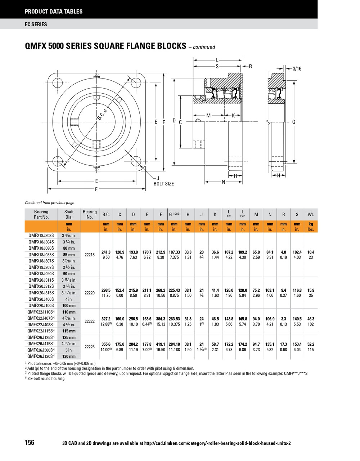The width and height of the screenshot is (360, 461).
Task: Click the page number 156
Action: coord(30,442)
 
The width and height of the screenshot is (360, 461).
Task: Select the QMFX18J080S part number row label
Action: coord(41,248)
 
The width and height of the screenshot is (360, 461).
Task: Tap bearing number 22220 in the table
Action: coord(89,293)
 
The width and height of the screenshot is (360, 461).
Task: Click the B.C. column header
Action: coord(106,214)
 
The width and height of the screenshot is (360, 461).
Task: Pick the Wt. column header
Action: coord(311,214)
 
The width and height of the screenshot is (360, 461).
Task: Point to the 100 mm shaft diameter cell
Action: coord(69,305)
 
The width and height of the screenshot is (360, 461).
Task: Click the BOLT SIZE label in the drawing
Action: coord(163,184)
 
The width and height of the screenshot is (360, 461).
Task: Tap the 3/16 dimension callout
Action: coord(297,68)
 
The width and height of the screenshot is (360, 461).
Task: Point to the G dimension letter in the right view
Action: coord(294,122)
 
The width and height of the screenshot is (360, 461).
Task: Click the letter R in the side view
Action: coord(251,66)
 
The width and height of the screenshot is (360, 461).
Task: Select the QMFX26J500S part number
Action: coord(41,350)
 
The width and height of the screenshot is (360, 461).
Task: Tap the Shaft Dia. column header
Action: coord(69,214)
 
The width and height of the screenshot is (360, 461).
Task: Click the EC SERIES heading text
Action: coord(36,24)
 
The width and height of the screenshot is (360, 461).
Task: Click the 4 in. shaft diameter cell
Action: coord(69,299)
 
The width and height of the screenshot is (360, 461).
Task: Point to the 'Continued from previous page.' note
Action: coord(50,203)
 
